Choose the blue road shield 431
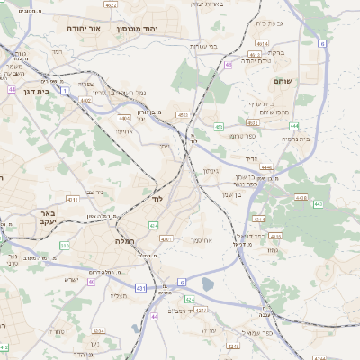click(x=140, y=287)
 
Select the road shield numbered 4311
click(x=72, y=199)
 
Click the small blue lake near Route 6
click(x=209, y=285)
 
